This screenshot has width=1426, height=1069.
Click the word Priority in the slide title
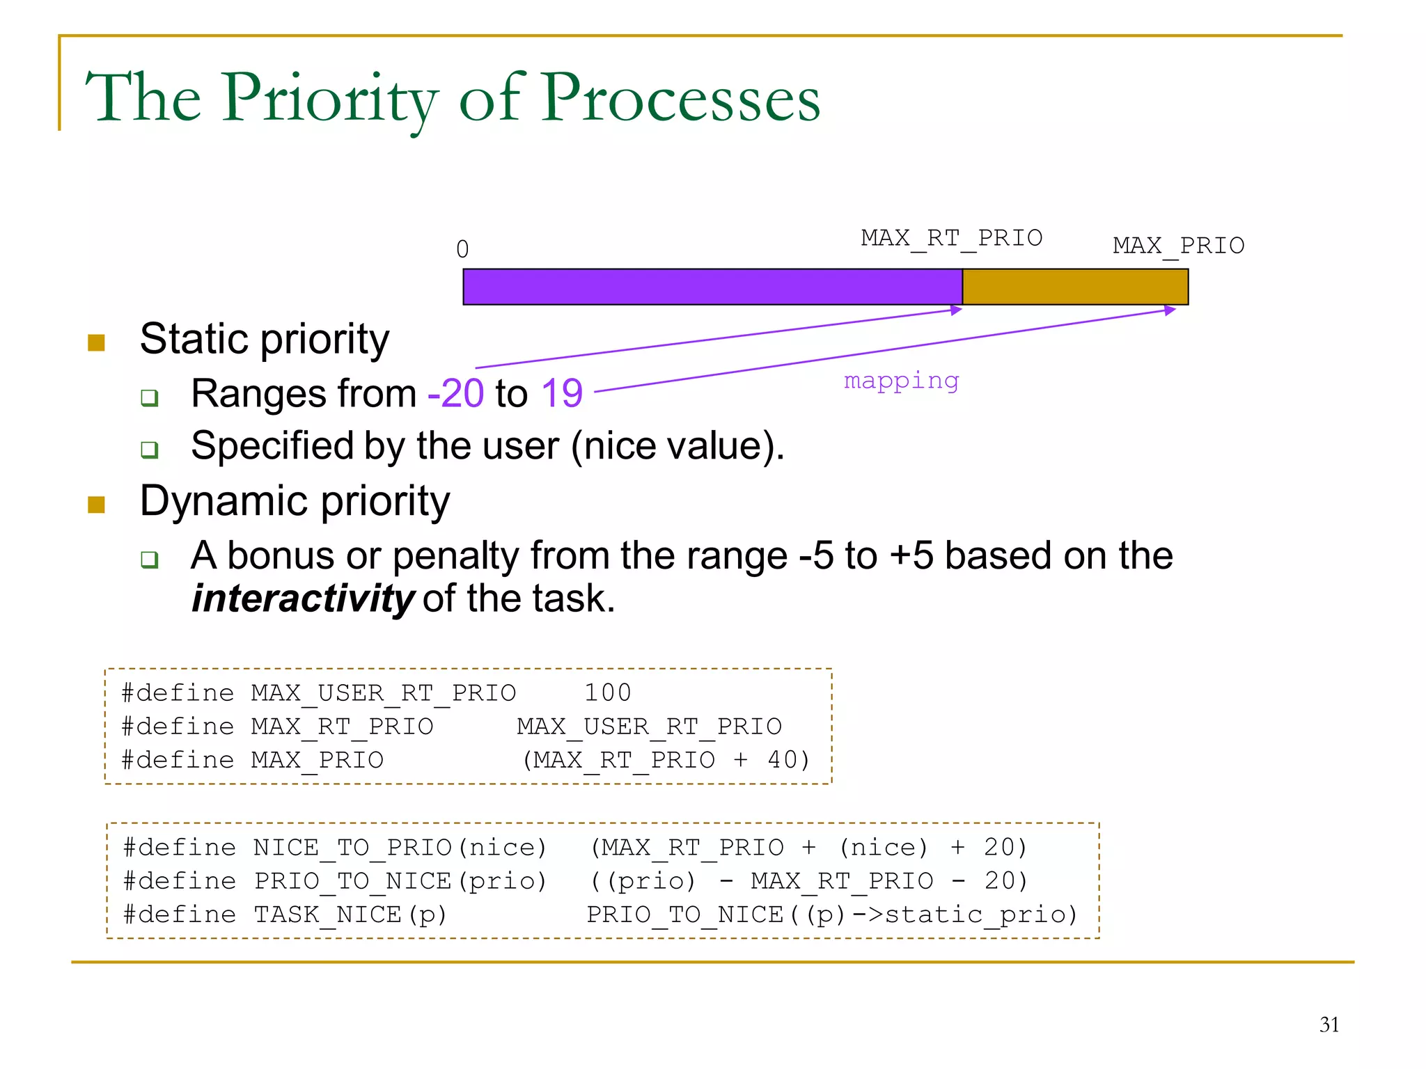331,99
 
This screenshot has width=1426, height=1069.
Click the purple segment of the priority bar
712,287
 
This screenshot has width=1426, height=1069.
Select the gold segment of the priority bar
1074,287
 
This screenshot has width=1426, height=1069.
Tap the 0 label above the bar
462,249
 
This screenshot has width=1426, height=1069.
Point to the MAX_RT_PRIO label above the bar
951,238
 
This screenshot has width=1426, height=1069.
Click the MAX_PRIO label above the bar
1178,246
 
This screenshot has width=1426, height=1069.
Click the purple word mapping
901,381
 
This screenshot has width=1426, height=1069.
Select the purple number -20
455,393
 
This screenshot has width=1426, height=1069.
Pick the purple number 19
561,393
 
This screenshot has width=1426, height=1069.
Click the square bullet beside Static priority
96,342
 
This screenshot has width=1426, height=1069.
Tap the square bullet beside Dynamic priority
96,505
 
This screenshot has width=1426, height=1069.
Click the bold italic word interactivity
302,599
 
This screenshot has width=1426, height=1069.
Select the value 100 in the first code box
607,692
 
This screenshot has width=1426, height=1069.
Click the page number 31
1329,1024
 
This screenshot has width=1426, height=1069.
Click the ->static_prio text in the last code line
965,914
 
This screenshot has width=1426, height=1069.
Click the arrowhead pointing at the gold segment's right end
1170,310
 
